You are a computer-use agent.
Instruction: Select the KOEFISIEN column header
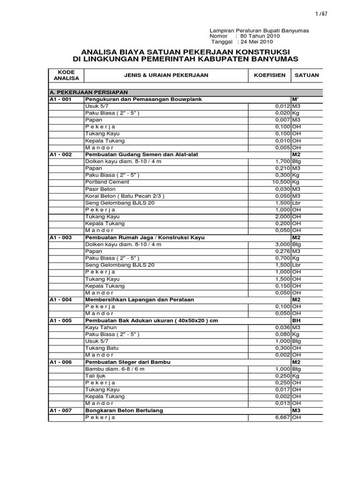(x=270, y=75)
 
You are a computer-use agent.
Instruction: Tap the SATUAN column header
(x=307, y=75)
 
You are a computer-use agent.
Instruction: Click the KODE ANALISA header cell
(x=66, y=75)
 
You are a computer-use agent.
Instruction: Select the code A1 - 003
(x=60, y=238)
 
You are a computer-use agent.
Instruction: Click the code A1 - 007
(x=60, y=411)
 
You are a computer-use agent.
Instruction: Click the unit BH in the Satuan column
(x=296, y=320)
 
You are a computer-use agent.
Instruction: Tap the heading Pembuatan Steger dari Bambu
(x=127, y=362)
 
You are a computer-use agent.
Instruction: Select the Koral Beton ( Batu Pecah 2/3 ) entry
(x=125, y=195)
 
